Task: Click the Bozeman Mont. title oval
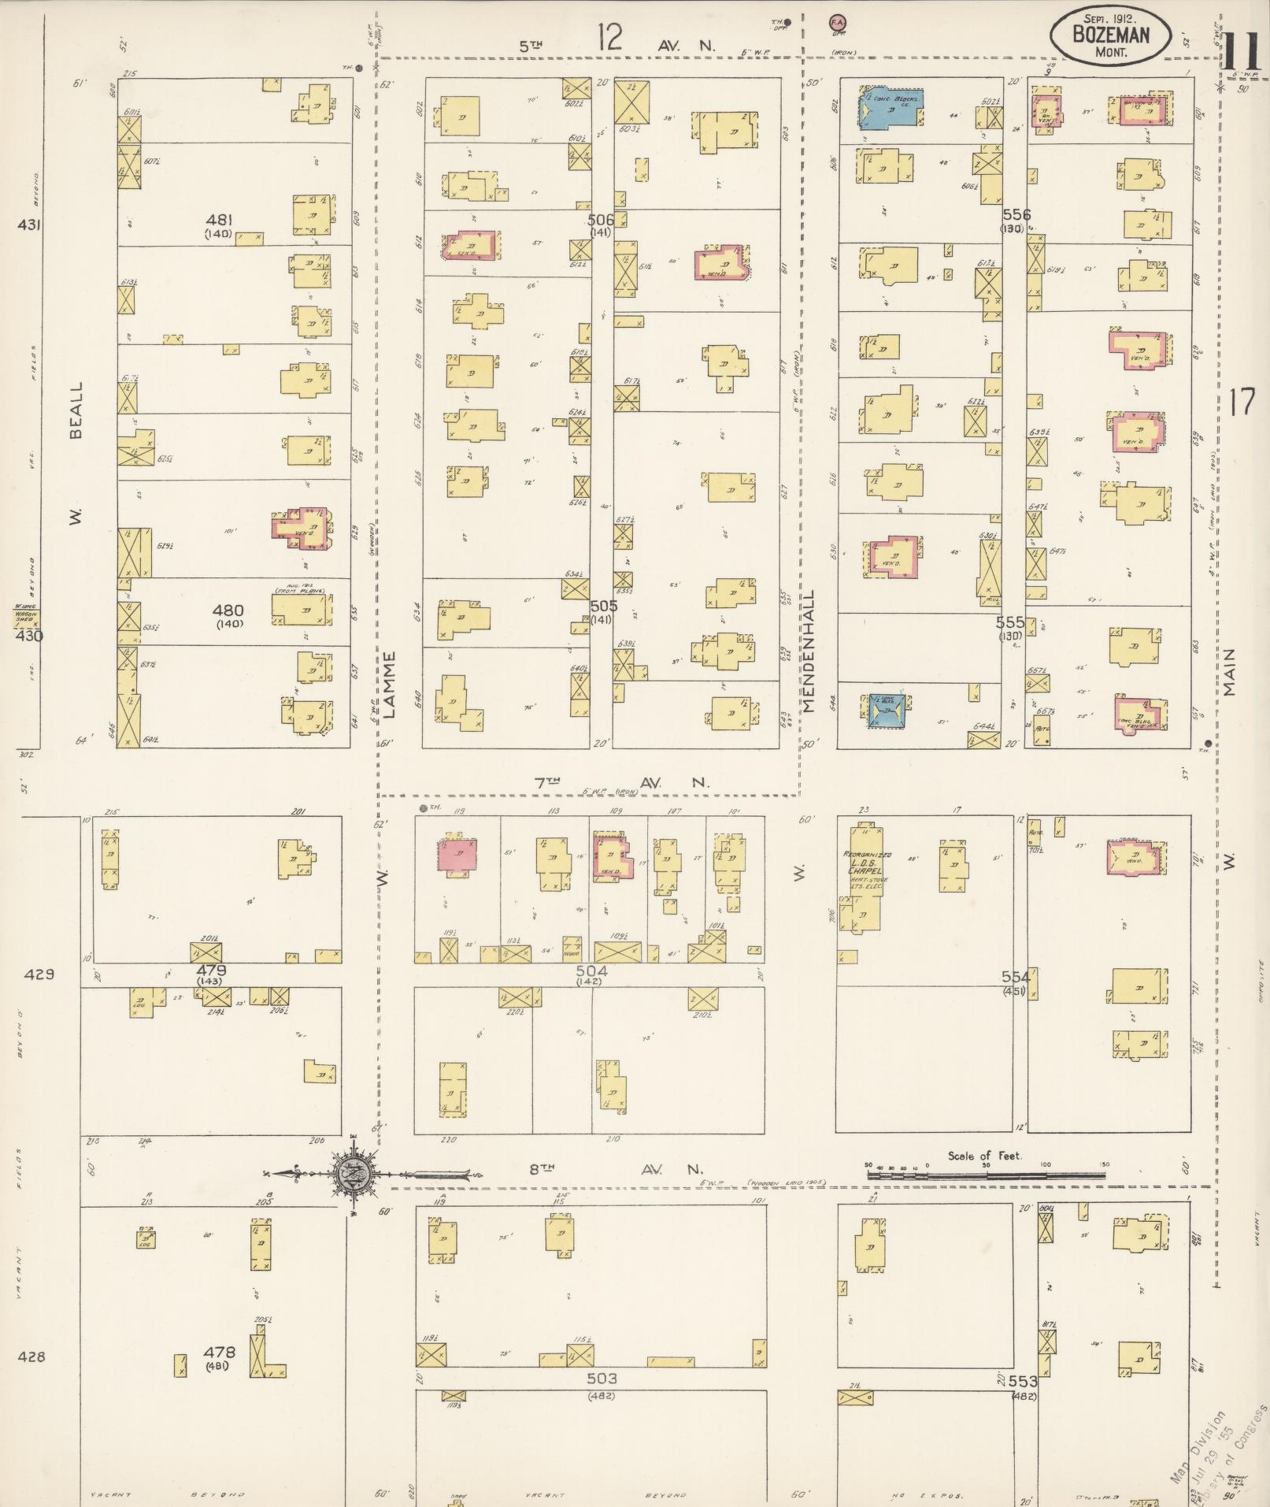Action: (x=1109, y=35)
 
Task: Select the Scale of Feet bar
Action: (x=985, y=1175)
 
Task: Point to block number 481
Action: (x=219, y=221)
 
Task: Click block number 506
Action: (x=600, y=220)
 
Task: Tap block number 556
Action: (x=1016, y=214)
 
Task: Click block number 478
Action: (x=219, y=1352)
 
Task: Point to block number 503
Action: (x=601, y=1379)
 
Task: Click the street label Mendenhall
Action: (x=809, y=651)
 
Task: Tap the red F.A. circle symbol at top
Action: (x=836, y=24)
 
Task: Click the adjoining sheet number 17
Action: (x=1241, y=403)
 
